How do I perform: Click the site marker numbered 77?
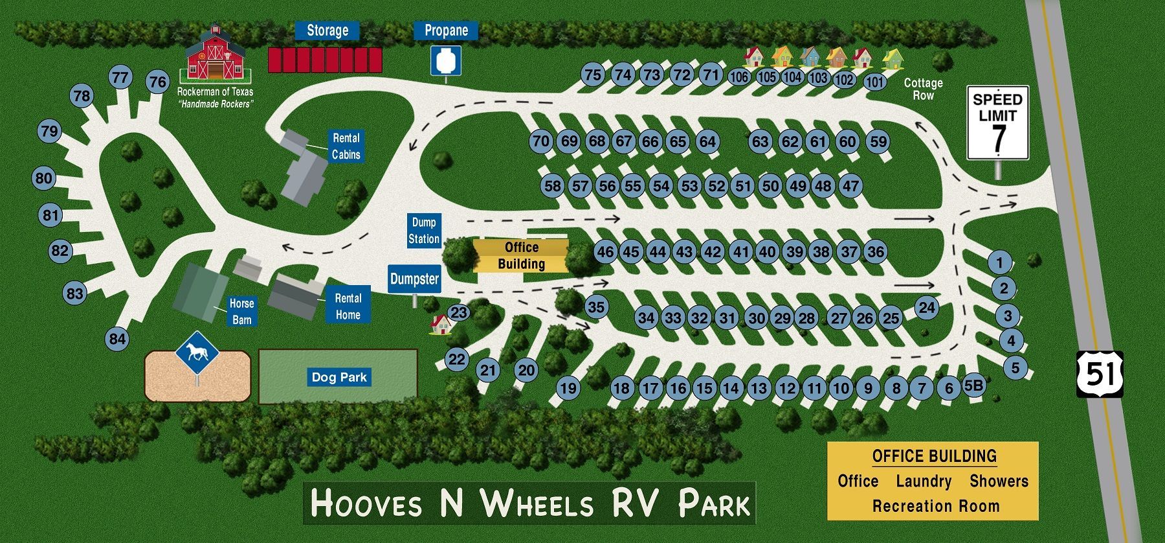(x=120, y=78)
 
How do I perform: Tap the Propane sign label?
(x=446, y=30)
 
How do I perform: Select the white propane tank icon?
(x=446, y=61)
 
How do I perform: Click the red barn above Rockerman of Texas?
(x=215, y=56)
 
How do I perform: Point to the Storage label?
(x=327, y=30)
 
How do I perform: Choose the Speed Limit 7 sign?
(x=997, y=122)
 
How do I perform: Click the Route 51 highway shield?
(x=1100, y=374)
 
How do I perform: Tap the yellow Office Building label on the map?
(x=521, y=255)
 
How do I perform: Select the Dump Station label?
(x=424, y=231)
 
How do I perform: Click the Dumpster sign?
(x=415, y=279)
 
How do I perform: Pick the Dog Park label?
(x=338, y=377)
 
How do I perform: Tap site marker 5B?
(x=973, y=386)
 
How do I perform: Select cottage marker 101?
(x=874, y=82)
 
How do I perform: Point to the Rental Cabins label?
(x=346, y=146)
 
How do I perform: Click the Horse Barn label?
(x=241, y=312)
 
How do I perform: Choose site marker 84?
(x=117, y=339)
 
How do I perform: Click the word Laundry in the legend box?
(x=924, y=481)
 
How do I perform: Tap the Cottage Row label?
(x=923, y=89)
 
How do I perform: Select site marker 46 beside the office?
(x=605, y=252)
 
